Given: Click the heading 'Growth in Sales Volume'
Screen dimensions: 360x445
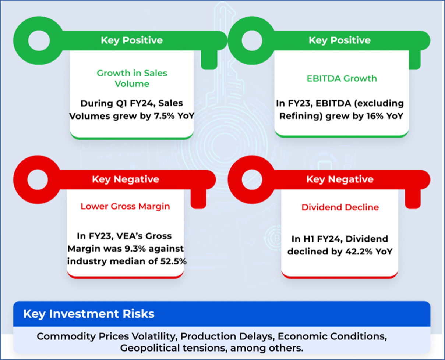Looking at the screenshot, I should tap(132, 78).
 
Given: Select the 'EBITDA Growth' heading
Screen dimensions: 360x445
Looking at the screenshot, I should tap(342, 78).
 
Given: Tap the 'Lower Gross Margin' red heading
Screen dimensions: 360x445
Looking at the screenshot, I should tap(125, 206).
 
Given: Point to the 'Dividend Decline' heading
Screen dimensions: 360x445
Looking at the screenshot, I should tap(340, 207).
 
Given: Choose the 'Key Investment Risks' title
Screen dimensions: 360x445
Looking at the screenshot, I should tap(89, 314).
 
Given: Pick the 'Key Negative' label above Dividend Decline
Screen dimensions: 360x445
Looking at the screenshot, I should tap(340, 179).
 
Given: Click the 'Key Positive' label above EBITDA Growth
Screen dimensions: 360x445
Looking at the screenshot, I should tap(339, 40).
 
